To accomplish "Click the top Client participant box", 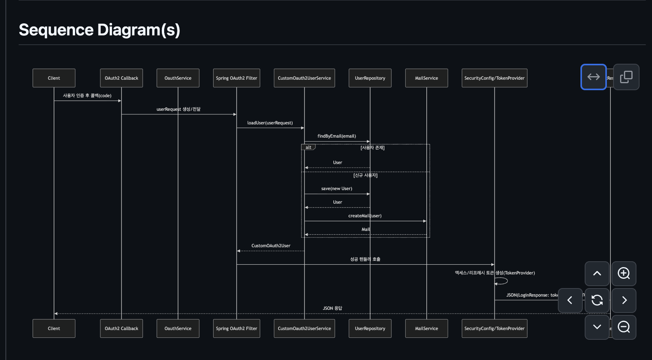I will click(54, 78).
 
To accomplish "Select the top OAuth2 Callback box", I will click(121, 78).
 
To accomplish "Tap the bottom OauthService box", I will click(178, 329).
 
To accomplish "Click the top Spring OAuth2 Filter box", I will click(237, 78).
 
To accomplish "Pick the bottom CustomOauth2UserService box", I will click(304, 329).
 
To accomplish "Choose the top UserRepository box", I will click(370, 78).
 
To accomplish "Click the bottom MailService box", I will click(426, 329).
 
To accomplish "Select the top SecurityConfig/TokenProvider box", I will click(494, 78).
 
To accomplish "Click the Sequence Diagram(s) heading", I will click(100, 30).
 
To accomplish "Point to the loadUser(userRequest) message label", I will click(270, 123).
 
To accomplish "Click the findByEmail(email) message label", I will click(337, 136).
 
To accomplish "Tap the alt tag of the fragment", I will click(308, 147).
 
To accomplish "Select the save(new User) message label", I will click(337, 189).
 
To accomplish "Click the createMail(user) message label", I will click(365, 216).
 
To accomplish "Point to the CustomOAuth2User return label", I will click(271, 246).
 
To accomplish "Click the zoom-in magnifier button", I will click(624, 273).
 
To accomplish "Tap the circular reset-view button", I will click(597, 300).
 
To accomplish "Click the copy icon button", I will click(626, 77).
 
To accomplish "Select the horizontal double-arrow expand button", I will click(593, 77).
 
